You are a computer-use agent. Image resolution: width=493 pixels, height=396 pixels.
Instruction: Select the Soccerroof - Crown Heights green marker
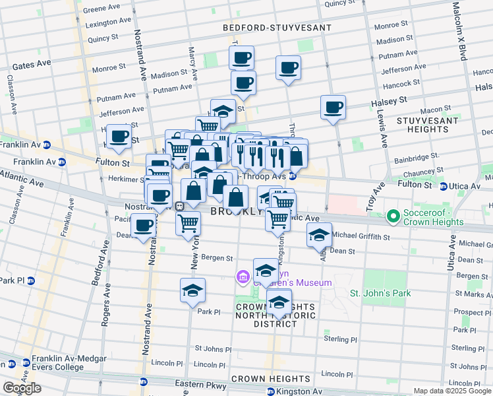coord(393,216)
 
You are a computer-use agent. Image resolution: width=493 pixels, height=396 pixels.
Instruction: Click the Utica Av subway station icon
coord(444,187)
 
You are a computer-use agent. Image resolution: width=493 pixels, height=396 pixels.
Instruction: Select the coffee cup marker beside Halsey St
coord(333,107)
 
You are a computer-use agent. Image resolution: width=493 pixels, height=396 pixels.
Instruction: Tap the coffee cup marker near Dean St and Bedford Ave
coord(143,226)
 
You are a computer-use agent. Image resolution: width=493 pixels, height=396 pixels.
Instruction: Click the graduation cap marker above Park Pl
coord(192,290)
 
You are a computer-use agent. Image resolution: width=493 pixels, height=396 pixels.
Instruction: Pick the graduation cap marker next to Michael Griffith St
coord(319,236)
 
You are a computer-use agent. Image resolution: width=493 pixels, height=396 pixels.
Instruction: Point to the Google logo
coord(21,388)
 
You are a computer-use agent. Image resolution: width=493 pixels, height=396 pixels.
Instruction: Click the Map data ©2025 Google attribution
coord(451,391)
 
